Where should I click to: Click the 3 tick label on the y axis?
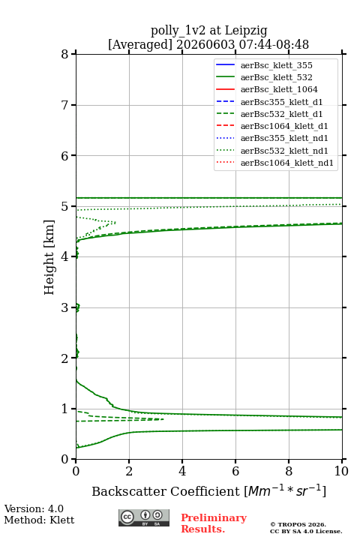[64, 307]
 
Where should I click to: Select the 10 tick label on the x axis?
[341, 471]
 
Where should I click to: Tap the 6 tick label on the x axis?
[235, 471]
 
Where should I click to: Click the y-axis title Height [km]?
[49, 257]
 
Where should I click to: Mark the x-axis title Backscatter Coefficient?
[165, 491]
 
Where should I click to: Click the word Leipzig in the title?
[246, 31]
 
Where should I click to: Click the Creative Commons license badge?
[144, 517]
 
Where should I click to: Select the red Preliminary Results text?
[214, 523]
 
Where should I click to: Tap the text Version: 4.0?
[34, 508]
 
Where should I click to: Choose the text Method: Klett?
[39, 520]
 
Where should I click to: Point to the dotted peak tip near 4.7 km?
[115, 223]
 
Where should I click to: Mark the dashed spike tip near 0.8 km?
[163, 419]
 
